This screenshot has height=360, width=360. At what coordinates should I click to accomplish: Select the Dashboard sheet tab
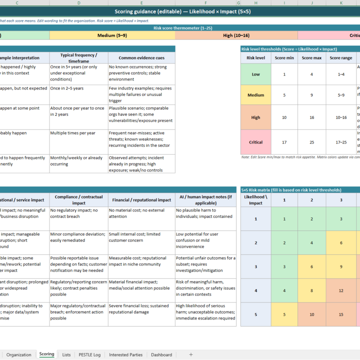(161, 355)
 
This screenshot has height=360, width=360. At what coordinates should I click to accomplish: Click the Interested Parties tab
(126, 355)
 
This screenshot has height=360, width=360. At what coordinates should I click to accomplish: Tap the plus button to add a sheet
(191, 355)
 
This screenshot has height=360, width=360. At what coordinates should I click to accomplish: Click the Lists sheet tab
(66, 355)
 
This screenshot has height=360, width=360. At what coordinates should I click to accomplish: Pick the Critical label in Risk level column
(256, 142)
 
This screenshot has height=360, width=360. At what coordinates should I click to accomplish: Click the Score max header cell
(312, 58)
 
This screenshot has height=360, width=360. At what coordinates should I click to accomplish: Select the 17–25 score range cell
(341, 142)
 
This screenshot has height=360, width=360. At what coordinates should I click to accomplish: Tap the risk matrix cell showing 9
(341, 266)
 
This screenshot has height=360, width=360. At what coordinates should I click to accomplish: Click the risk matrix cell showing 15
(341, 314)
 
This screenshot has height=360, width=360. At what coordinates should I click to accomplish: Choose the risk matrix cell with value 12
(341, 290)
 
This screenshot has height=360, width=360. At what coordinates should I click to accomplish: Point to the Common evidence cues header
(141, 58)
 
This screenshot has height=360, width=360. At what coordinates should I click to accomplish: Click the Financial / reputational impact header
(141, 200)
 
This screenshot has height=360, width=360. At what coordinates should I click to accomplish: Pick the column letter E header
(141, 3)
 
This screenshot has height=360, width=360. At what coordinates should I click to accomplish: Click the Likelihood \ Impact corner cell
(256, 200)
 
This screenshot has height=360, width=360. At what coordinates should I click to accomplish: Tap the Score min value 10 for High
(284, 117)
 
